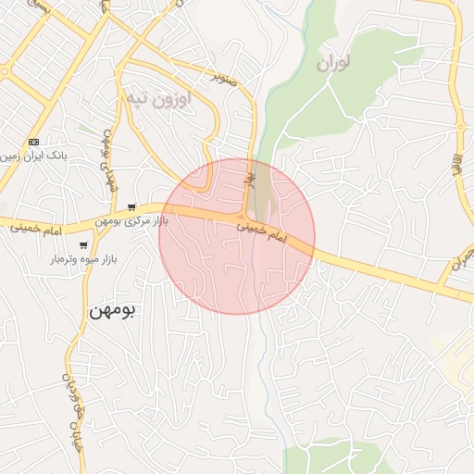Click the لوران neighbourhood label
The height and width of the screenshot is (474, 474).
point(335,63)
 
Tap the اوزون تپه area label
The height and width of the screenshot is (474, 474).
point(156,98)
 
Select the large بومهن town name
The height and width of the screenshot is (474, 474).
point(112,311)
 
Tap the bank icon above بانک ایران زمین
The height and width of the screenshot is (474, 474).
point(34,142)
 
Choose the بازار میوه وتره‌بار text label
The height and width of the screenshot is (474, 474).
point(81,261)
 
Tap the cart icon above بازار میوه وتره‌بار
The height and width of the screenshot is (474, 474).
point(83,246)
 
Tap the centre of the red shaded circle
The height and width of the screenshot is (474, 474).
point(237,237)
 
